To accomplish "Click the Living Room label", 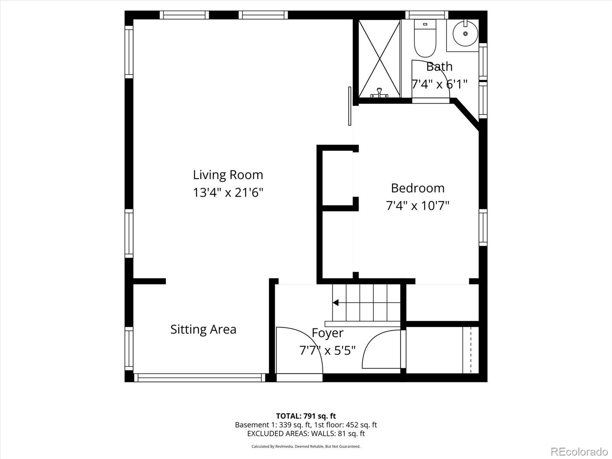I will pyautogui.click(x=228, y=175).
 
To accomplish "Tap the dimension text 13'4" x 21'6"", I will pyautogui.click(x=228, y=192).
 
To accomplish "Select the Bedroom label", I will pyautogui.click(x=418, y=188).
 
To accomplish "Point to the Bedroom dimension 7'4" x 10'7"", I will pyautogui.click(x=418, y=206).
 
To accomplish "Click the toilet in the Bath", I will pyautogui.click(x=425, y=39).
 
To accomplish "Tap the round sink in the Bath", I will pyautogui.click(x=466, y=34).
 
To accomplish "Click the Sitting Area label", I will pyautogui.click(x=203, y=329).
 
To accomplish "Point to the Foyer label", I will pyautogui.click(x=327, y=333).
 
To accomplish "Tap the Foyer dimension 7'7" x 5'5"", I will pyautogui.click(x=327, y=350).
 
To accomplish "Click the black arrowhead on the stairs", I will pyautogui.click(x=335, y=303).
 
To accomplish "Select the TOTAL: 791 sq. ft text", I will pyautogui.click(x=306, y=416).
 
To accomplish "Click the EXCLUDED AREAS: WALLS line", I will pyautogui.click(x=306, y=433).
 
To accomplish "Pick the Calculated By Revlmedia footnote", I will pyautogui.click(x=306, y=446).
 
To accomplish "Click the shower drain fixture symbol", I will pyautogui.click(x=379, y=93).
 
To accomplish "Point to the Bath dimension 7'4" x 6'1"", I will pyautogui.click(x=439, y=84).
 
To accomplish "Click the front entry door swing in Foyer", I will pyautogui.click(x=298, y=350).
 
